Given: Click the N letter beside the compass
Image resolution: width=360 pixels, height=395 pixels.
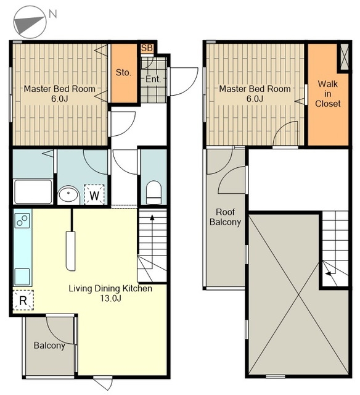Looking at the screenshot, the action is (x=53, y=14).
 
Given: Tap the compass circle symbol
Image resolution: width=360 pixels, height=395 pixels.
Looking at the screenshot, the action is (x=30, y=22).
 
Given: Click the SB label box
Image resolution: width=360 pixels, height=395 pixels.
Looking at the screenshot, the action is (x=147, y=48).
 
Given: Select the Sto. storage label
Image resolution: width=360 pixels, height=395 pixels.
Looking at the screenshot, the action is (x=123, y=73).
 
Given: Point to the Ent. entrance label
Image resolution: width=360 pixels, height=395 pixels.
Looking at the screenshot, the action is (x=153, y=79).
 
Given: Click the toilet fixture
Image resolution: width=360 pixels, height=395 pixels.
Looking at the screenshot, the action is (x=153, y=192).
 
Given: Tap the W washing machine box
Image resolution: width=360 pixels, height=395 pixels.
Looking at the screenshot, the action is (x=94, y=195).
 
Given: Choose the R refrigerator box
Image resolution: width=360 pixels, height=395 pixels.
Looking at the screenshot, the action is (x=23, y=300).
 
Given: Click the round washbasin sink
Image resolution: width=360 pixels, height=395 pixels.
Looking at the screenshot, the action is (x=68, y=195).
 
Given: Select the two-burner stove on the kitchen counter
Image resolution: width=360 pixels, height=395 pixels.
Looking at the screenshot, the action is (x=22, y=220).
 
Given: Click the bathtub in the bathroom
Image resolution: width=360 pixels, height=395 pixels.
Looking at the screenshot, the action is (x=33, y=191).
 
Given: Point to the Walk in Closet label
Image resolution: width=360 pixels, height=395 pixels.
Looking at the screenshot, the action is (x=327, y=94).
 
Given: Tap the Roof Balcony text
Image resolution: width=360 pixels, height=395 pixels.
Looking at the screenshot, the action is (x=225, y=217).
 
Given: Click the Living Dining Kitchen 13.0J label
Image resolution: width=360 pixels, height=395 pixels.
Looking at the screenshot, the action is (x=110, y=293).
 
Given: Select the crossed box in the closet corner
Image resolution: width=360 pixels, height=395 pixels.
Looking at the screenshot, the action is (x=345, y=57).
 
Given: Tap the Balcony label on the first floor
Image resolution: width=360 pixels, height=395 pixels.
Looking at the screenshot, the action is (x=49, y=346).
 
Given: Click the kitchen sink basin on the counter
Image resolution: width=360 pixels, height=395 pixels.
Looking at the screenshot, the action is (x=22, y=276).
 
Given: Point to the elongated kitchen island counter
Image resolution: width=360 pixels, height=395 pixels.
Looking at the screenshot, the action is (x=71, y=251).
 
